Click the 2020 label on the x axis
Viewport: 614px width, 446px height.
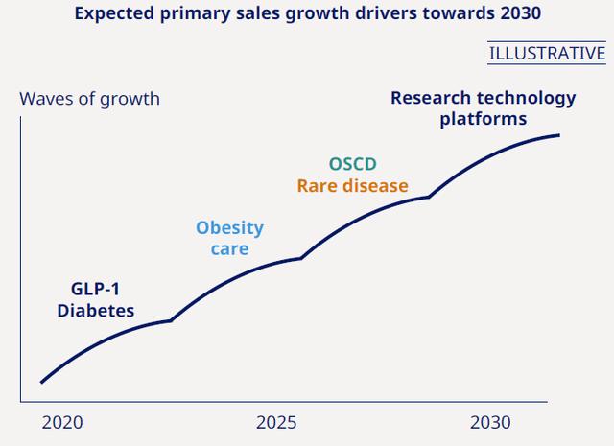click(x=62, y=423)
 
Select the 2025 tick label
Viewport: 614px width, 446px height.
click(x=276, y=423)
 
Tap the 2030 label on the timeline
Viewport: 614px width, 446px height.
click(x=490, y=423)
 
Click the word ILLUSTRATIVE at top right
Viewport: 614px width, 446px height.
click(x=547, y=53)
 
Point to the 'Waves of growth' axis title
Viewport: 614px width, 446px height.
click(x=89, y=99)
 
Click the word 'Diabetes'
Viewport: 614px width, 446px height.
click(x=96, y=311)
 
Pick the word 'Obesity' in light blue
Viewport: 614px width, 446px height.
click(x=229, y=228)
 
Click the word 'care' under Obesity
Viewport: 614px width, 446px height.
click(x=229, y=249)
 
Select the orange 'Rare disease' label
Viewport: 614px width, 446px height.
click(x=352, y=186)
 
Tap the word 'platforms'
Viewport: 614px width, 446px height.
click(x=484, y=119)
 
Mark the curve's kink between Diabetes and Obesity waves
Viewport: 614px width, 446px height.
click(x=171, y=320)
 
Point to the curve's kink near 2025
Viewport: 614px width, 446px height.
click(x=301, y=258)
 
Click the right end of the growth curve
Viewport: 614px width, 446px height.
click(x=559, y=135)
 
